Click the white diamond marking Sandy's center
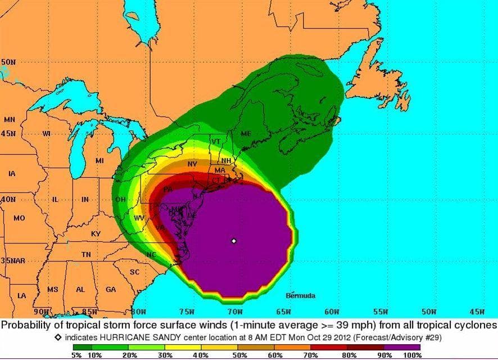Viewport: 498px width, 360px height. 234,241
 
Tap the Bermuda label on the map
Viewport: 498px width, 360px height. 301,295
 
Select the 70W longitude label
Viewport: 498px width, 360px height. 235,311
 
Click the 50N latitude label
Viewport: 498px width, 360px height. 8,62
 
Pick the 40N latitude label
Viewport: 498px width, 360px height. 8,200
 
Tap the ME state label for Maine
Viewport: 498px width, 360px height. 246,134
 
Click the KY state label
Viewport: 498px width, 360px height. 96,233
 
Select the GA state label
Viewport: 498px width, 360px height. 111,290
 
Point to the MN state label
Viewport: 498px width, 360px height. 10,120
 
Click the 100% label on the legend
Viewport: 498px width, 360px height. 411,355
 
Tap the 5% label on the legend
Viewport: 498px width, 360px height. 77,355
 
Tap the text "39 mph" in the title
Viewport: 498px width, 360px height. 362,325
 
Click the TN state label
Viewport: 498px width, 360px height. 86,255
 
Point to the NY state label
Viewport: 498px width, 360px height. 192,164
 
